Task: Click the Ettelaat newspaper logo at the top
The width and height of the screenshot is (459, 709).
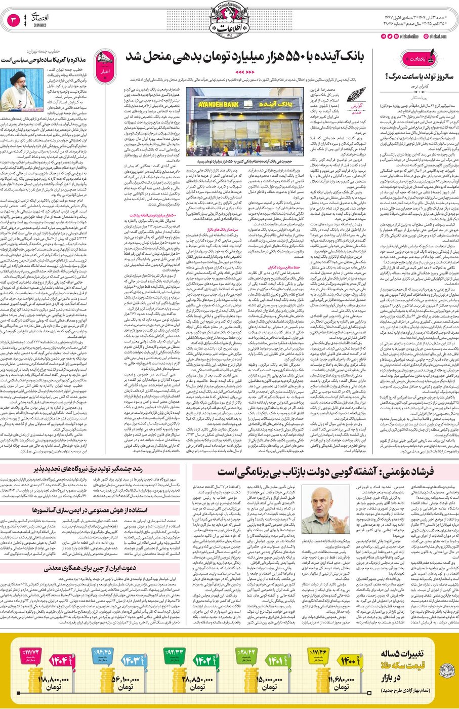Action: point(229,20)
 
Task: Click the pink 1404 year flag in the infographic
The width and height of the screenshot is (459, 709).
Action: point(60,660)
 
